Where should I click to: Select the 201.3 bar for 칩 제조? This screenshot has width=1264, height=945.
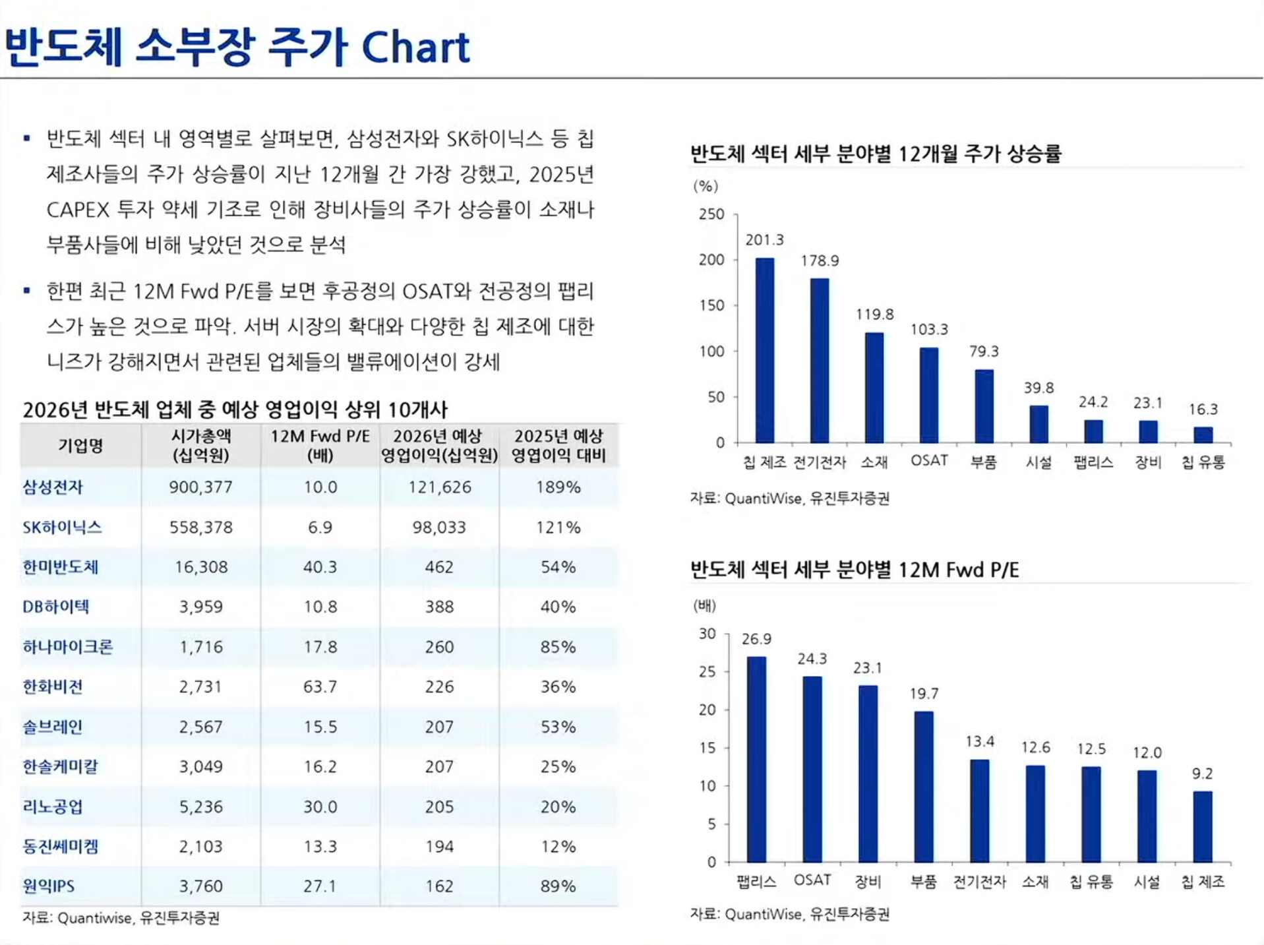(x=765, y=350)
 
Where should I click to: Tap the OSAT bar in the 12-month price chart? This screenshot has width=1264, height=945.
(x=929, y=394)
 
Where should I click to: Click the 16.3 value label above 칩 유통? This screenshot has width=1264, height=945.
(x=1203, y=410)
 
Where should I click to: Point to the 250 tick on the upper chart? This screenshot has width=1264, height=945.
(x=711, y=214)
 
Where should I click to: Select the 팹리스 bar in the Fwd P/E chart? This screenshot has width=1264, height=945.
(x=756, y=758)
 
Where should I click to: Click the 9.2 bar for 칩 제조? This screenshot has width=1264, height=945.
(x=1203, y=826)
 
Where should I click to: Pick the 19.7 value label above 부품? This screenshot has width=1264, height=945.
(x=924, y=694)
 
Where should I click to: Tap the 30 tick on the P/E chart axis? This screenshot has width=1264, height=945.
(x=707, y=634)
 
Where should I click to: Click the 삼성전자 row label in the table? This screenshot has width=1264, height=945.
(x=53, y=487)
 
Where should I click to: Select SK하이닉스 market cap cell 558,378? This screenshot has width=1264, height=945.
(x=201, y=528)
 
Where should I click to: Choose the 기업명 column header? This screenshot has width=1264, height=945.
(x=80, y=446)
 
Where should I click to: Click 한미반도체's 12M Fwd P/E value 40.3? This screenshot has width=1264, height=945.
(x=320, y=567)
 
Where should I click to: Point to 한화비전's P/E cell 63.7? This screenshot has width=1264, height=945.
(x=320, y=687)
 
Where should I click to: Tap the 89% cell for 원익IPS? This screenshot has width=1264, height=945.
(x=558, y=886)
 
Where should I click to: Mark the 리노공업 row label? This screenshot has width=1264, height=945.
(x=53, y=807)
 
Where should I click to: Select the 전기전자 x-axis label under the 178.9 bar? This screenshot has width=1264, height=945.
(x=820, y=462)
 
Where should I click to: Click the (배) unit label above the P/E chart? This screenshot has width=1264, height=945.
(x=704, y=605)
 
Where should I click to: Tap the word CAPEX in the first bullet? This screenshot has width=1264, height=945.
(x=78, y=210)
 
